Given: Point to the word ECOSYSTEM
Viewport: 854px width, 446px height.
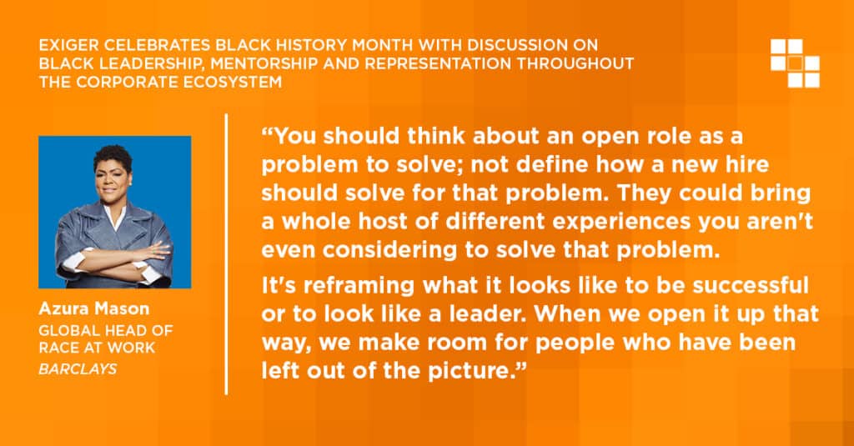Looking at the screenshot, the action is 229,83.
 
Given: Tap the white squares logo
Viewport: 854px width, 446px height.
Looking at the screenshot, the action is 795,63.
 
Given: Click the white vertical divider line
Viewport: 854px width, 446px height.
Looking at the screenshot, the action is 226,253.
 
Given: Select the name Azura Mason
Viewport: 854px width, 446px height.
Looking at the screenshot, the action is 93,308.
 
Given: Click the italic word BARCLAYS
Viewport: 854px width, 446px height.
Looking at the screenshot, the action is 78,369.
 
